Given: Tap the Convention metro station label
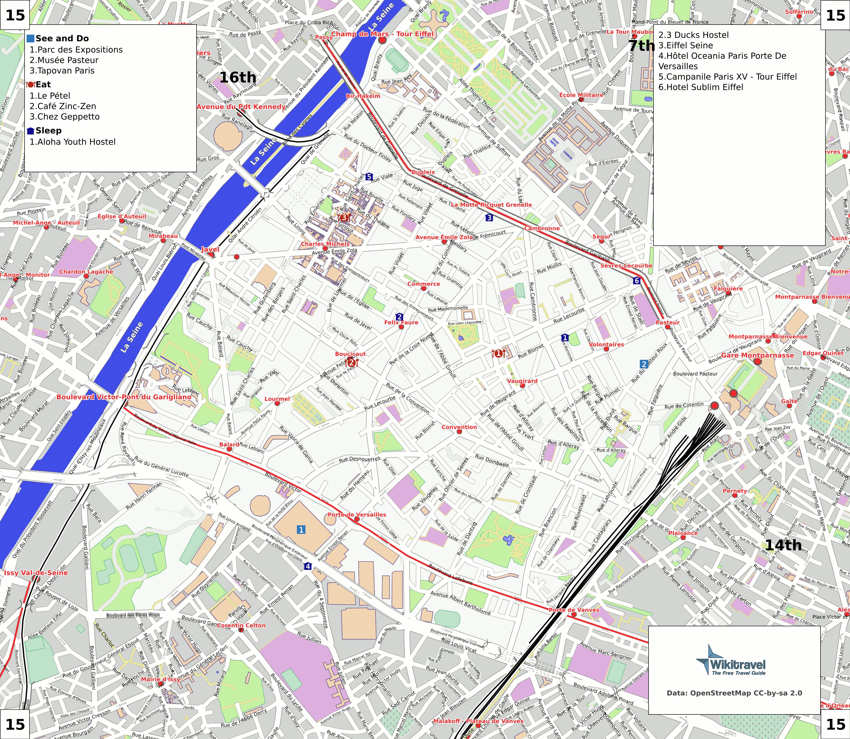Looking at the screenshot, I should point(459,427).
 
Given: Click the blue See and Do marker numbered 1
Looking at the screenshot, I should point(301,529).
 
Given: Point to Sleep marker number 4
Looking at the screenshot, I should point(308,566).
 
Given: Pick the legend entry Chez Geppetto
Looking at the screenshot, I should point(65,117).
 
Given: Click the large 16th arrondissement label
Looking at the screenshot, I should point(238,77).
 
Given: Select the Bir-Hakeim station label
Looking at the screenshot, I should point(363,96).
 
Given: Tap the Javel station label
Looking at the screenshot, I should point(210,249).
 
